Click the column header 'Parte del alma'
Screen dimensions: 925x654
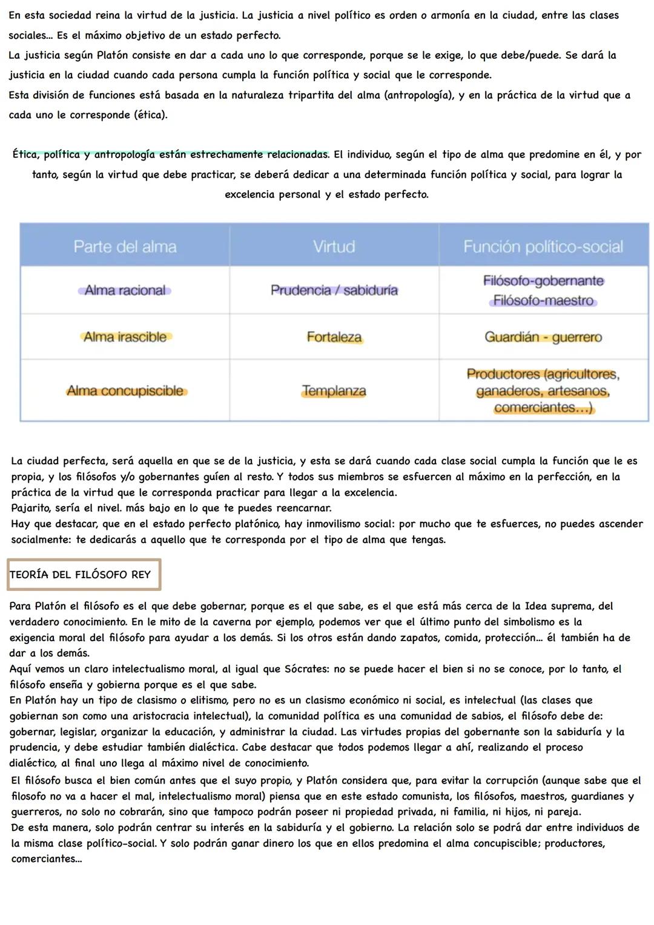[125, 247]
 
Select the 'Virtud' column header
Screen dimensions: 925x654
[334, 247]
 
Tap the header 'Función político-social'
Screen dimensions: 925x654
[543, 247]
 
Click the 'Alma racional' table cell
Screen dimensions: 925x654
[125, 291]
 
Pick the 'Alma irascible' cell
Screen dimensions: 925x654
[125, 337]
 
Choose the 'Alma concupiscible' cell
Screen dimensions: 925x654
[125, 391]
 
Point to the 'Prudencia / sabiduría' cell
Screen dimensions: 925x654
[334, 291]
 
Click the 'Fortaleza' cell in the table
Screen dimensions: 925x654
[334, 337]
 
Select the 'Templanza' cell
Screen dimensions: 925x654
[334, 391]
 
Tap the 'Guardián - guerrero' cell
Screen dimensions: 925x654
[543, 337]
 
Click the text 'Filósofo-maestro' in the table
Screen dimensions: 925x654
[543, 301]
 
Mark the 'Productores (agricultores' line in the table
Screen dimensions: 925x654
[543, 374]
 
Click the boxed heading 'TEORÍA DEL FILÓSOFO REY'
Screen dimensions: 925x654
[81, 574]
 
